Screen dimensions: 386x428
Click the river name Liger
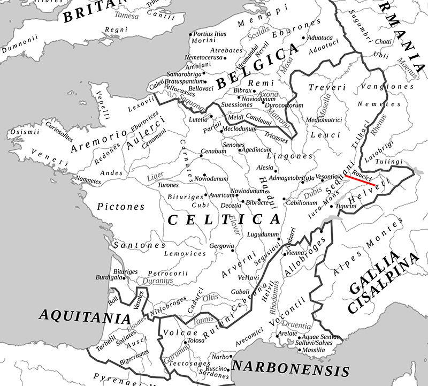155,176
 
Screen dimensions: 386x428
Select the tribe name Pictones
121,206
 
